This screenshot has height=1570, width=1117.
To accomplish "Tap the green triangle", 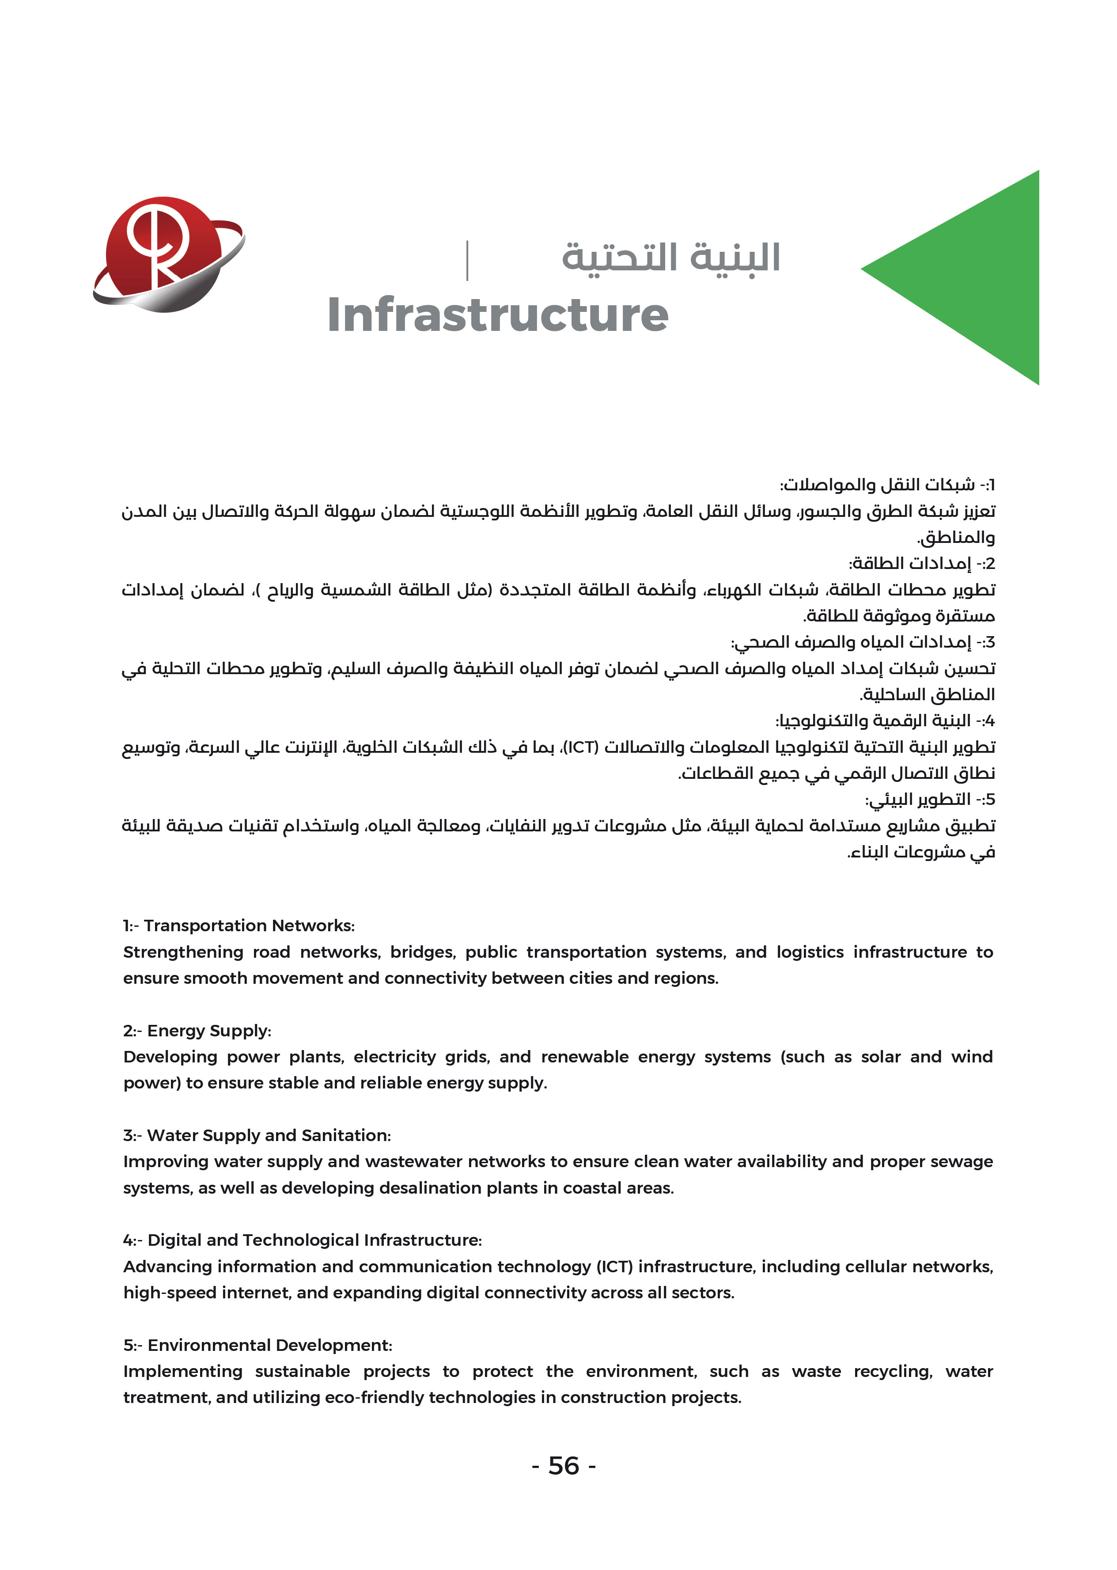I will (x=977, y=275).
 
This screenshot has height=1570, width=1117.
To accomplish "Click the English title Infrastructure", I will (x=497, y=315).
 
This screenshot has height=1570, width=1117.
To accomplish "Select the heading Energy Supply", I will (x=197, y=1031).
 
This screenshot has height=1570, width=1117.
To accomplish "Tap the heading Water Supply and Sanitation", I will (x=257, y=1135).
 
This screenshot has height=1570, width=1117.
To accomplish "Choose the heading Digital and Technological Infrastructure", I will (x=303, y=1240).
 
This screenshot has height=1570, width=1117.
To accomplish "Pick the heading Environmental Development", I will (x=258, y=1345).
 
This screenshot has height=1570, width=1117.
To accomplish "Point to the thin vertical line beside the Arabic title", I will (x=468, y=260).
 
